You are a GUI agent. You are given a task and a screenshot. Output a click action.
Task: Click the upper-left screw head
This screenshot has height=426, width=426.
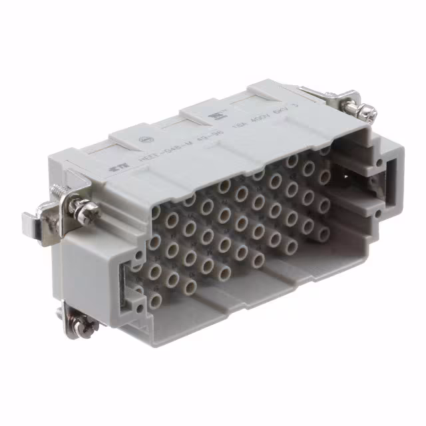click(x=87, y=212)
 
